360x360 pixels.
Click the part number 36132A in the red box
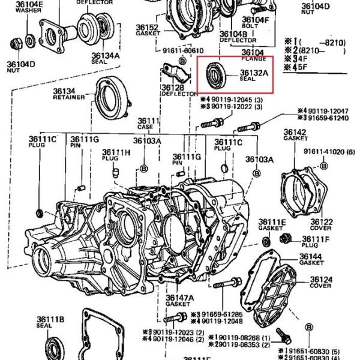tap(255, 72)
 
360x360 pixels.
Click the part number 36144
tap(312, 257)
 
